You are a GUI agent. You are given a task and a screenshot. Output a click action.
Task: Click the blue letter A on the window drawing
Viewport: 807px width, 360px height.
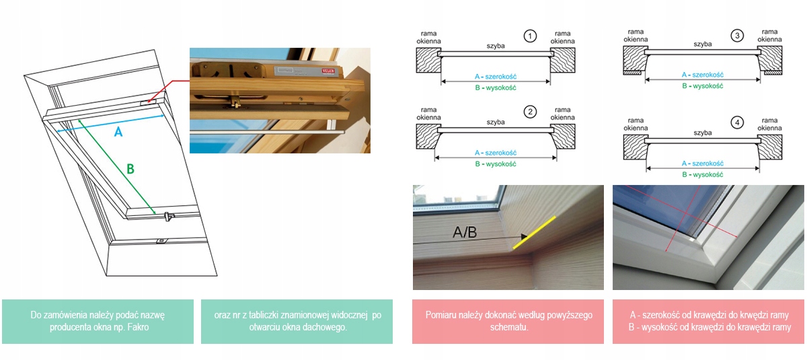[118, 133]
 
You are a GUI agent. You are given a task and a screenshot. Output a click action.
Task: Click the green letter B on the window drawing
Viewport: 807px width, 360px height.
[130, 169]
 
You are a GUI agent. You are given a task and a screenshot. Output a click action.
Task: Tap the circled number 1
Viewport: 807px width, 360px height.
[530, 36]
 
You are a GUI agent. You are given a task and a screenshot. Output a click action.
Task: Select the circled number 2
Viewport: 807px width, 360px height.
[530, 112]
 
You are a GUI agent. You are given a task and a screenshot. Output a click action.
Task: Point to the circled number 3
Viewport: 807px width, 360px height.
[737, 36]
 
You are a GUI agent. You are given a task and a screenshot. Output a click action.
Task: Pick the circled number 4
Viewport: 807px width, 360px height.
[737, 123]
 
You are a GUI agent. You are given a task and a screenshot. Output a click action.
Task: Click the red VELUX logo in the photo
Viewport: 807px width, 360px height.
[328, 71]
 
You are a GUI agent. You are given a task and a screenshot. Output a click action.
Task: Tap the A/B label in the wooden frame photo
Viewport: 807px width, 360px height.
[465, 232]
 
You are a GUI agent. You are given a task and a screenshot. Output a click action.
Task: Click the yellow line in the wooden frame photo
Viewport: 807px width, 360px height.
[534, 233]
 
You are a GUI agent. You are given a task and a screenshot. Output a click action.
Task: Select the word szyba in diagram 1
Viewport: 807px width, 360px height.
[496, 46]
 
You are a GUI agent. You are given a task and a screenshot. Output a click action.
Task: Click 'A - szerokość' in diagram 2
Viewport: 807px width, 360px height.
[496, 153]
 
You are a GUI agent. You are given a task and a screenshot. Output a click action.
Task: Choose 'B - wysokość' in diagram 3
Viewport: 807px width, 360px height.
[703, 86]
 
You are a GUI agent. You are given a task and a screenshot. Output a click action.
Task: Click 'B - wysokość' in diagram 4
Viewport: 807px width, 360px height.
[703, 175]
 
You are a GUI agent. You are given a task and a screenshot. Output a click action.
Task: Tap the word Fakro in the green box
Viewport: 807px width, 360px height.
[139, 327]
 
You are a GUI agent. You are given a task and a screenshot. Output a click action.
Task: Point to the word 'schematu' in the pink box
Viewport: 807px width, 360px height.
[508, 327]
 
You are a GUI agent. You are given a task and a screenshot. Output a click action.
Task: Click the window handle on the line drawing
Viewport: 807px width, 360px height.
[168, 217]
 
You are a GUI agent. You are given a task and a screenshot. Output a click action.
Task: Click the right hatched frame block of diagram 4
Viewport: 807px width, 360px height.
[769, 147]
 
